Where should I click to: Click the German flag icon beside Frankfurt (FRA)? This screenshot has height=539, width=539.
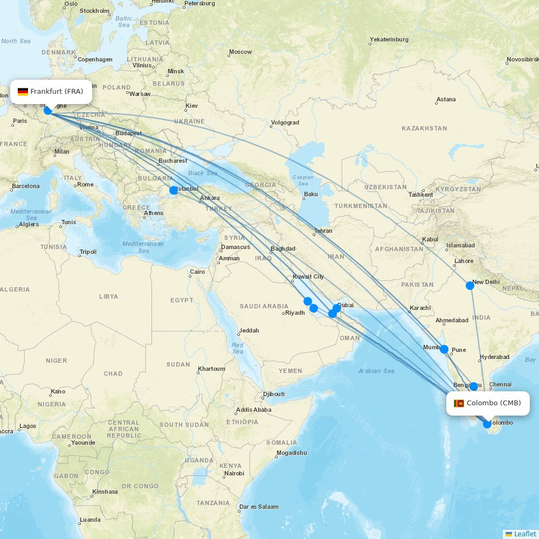[x=23, y=92]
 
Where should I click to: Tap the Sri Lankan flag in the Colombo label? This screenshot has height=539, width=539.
[x=459, y=403]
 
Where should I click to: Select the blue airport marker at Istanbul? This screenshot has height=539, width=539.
[x=174, y=190]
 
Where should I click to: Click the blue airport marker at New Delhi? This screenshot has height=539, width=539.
[x=470, y=286]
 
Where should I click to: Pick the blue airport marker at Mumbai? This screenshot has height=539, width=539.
[x=444, y=349]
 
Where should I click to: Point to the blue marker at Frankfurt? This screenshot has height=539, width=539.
[x=48, y=110]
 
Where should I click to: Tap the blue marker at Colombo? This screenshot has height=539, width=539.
[x=487, y=424]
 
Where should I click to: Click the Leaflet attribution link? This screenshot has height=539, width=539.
[x=524, y=534]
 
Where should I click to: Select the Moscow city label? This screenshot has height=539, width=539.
[x=240, y=52]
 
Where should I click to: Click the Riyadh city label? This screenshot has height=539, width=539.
[x=295, y=313]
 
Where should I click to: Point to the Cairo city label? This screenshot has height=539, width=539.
[x=197, y=272]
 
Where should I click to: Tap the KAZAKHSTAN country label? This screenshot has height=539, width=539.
[x=424, y=128]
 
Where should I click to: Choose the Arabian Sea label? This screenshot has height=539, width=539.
[x=376, y=371]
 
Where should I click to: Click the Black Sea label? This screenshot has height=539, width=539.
[x=203, y=173]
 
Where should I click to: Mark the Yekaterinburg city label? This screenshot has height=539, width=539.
[x=389, y=39]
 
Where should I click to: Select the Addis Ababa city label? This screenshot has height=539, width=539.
[x=253, y=410]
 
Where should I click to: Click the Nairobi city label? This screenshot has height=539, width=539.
[x=234, y=473]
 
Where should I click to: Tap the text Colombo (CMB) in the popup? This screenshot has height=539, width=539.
[x=494, y=403]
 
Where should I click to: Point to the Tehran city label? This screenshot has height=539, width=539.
[x=323, y=231]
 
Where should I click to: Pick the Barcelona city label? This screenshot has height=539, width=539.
[x=26, y=186]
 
